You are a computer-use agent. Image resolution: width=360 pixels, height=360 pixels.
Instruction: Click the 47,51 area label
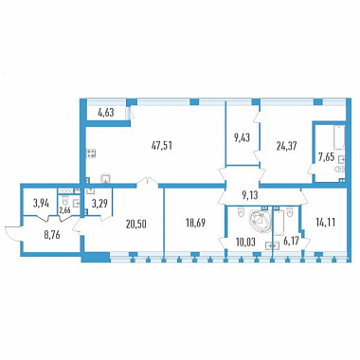(x=162, y=146)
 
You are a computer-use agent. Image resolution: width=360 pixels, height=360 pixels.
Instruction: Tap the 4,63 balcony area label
(x=106, y=113)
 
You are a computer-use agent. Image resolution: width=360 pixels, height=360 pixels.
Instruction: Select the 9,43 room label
(x=243, y=138)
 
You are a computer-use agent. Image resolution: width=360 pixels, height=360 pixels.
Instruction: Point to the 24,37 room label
(x=286, y=146)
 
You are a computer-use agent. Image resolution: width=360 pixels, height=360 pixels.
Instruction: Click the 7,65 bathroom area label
(x=326, y=157)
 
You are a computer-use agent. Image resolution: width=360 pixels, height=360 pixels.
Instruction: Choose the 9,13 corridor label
(x=250, y=195)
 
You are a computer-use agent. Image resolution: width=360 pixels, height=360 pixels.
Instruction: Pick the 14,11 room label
(x=325, y=223)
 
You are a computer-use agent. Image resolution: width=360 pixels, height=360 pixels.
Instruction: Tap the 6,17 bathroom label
(x=291, y=243)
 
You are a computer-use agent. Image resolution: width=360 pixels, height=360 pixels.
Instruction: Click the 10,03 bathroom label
(x=246, y=243)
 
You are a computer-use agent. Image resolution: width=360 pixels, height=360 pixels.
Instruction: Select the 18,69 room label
(x=195, y=224)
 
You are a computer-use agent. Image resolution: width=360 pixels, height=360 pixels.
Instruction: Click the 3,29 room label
(x=99, y=204)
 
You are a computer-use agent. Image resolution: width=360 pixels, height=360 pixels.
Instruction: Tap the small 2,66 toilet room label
(x=64, y=209)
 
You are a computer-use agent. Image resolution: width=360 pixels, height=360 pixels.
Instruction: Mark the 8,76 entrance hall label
(x=51, y=235)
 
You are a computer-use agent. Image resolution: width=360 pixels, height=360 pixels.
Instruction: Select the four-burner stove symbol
(x=91, y=153)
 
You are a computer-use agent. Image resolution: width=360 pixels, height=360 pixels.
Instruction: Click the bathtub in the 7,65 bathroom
(x=339, y=137)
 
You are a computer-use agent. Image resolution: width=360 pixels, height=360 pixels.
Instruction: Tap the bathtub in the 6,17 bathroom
(x=279, y=224)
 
